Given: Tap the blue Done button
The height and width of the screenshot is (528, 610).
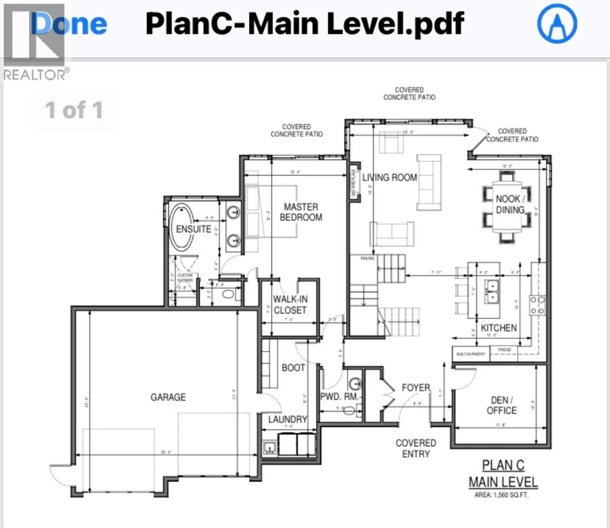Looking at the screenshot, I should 69,24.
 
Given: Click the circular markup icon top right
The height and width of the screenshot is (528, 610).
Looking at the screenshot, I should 557,24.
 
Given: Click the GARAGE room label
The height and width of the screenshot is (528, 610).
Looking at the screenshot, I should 168,397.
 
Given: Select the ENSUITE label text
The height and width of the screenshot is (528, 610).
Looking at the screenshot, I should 193,229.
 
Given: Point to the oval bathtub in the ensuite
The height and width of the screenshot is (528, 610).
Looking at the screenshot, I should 181,227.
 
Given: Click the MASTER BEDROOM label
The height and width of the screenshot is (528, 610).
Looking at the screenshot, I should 301,212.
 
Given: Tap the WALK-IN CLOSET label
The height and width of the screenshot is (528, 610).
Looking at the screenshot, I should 290,304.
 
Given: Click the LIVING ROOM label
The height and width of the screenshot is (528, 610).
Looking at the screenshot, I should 390,177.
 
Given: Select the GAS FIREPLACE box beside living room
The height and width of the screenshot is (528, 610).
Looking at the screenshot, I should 354,183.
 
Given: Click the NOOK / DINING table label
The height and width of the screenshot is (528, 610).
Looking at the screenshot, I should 510,204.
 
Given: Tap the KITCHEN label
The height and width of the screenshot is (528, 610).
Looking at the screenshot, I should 498,328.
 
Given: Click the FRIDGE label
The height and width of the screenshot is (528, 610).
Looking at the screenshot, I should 504,350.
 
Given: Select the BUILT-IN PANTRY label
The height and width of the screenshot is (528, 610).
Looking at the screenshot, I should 471,354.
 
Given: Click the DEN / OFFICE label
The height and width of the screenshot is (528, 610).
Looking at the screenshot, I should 502,405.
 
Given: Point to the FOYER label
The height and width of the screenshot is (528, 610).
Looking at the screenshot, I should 416,388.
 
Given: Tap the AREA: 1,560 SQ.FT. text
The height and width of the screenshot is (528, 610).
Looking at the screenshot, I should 501,495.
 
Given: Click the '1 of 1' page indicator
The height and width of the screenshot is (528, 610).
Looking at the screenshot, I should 74,110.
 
